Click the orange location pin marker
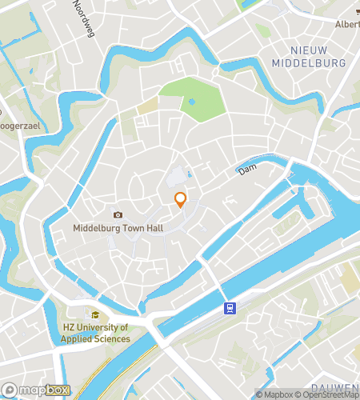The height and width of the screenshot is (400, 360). (x=181, y=199)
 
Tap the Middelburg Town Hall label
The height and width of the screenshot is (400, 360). (x=118, y=228)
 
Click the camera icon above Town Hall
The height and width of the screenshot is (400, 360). (x=118, y=214)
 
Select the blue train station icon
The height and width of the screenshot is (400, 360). (x=230, y=308)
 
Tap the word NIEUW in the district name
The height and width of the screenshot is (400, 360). (x=308, y=50)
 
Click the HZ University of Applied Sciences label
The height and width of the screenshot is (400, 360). (x=96, y=334)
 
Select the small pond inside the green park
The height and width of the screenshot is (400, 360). (x=192, y=102)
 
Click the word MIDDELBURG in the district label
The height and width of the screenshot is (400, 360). (x=308, y=62)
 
